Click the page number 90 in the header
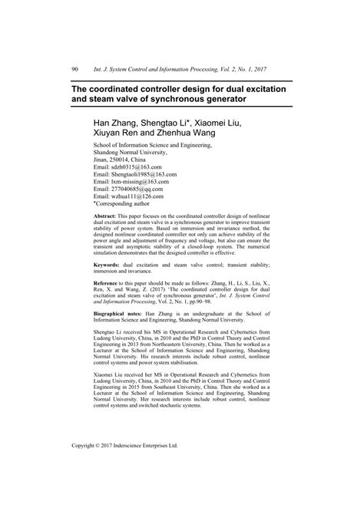74,70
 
